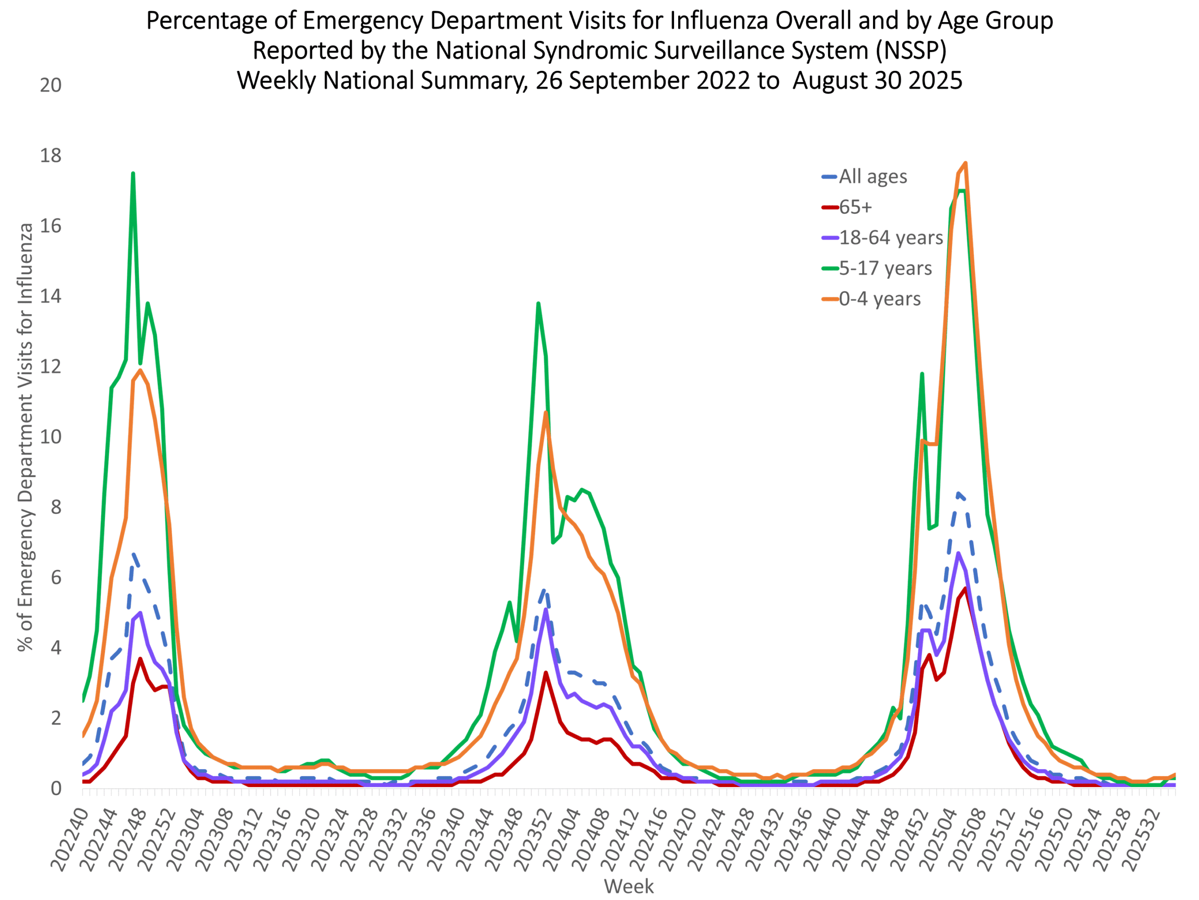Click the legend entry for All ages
click(x=872, y=177)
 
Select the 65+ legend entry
click(x=855, y=207)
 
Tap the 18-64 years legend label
click(x=890, y=238)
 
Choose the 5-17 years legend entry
click(x=885, y=269)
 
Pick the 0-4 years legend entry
click(x=879, y=300)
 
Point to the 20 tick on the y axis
click(x=51, y=86)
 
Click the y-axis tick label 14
click(x=51, y=297)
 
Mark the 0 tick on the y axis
click(x=56, y=789)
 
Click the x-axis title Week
click(x=629, y=886)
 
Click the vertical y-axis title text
click(x=25, y=437)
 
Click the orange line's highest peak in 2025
click(x=966, y=163)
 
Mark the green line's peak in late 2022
click(x=133, y=173)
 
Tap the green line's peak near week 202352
click(x=538, y=304)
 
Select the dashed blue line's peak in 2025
click(x=958, y=493)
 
